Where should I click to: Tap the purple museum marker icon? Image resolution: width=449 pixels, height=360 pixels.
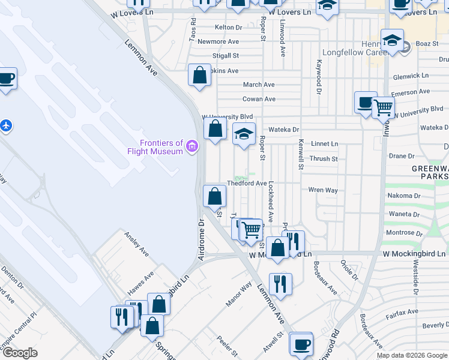(192, 146)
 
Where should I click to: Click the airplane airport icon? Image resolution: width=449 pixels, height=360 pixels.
(6, 126)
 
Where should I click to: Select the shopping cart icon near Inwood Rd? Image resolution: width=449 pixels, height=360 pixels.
(383, 108)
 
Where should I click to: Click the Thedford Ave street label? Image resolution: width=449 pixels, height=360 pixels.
(246, 183)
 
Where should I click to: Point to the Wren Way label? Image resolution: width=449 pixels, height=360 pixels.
(323, 190)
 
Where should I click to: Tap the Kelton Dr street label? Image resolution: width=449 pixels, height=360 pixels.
(228, 28)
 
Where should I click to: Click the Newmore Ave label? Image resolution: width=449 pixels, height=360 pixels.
(218, 41)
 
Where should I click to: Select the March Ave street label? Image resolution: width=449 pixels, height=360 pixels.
(259, 85)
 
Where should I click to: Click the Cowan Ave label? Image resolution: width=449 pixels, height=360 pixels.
(259, 99)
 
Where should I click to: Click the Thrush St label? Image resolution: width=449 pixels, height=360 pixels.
(324, 159)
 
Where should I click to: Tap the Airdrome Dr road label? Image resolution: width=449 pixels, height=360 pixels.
(202, 239)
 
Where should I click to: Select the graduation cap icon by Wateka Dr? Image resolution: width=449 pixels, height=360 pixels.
(244, 133)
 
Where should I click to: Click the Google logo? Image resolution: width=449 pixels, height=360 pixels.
(20, 353)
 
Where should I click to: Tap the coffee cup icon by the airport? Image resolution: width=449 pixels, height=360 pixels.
(7, 79)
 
